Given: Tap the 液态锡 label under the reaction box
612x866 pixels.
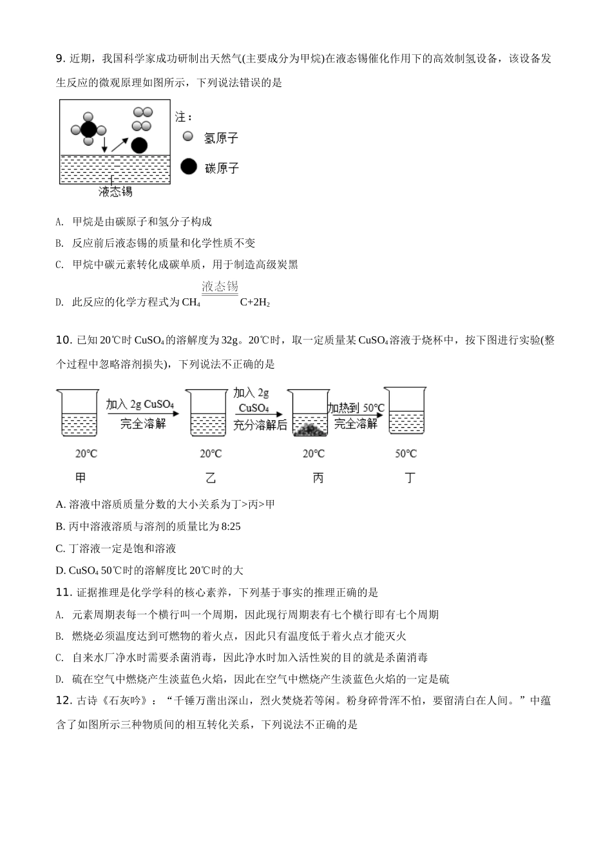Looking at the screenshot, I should tap(115, 191).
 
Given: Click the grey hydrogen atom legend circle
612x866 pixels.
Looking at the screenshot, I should tap(187, 136).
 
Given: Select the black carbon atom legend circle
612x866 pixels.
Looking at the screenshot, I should tap(188, 167).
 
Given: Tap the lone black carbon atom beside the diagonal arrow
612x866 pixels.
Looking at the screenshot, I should tap(139, 145).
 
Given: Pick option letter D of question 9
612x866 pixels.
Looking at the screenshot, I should tap(59, 302).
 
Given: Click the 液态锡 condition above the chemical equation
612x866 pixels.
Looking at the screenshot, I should tap(220, 287).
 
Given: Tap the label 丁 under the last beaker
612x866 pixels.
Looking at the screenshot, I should tap(409, 477).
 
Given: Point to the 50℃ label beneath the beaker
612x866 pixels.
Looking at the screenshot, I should tap(406, 454).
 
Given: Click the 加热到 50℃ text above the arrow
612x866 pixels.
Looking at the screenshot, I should tap(356, 408).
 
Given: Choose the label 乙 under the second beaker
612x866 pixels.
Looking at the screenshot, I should tap(211, 477).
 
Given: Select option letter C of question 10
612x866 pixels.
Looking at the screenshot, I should tap(60, 548).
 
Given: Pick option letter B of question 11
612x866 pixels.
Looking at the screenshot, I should tap(59, 636).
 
